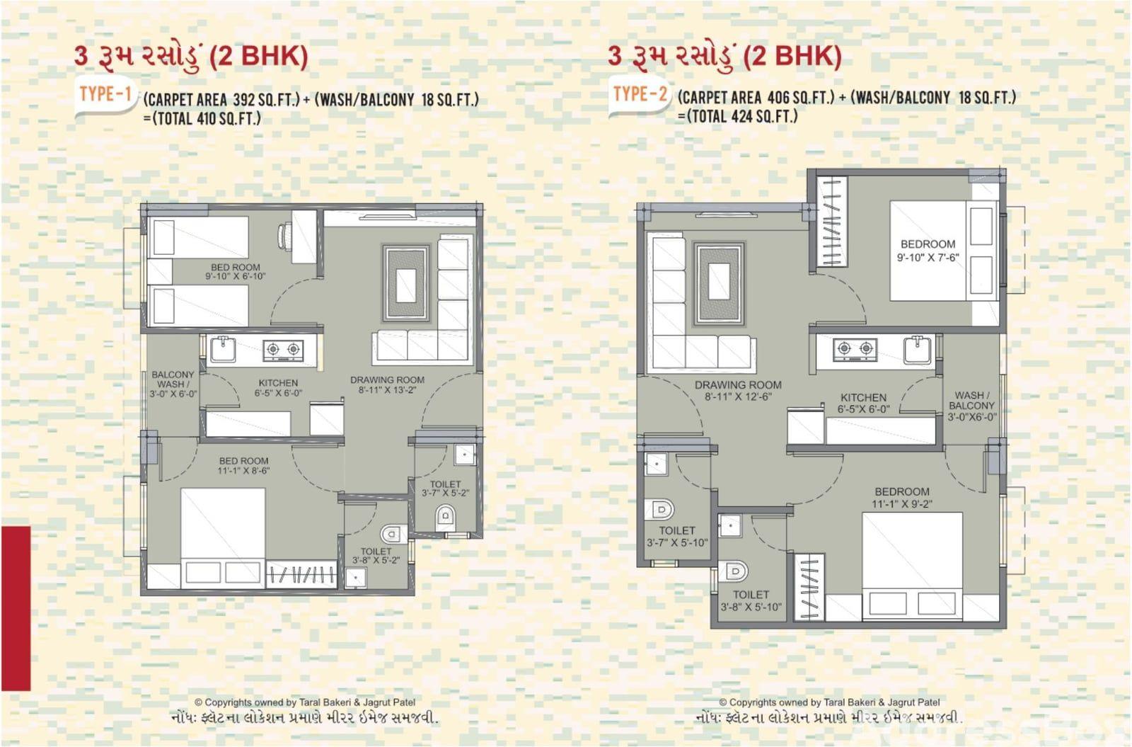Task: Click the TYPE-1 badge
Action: click(x=105, y=95)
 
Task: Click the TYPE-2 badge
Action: click(x=640, y=95)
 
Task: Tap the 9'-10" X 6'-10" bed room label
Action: click(x=236, y=272)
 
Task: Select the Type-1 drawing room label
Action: click(x=387, y=384)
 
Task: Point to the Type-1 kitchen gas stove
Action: click(x=283, y=350)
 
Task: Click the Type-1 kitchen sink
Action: click(x=223, y=350)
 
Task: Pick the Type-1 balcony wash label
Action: click(x=173, y=384)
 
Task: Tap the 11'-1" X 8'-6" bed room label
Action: click(x=243, y=465)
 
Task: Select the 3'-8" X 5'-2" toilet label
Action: click(x=376, y=555)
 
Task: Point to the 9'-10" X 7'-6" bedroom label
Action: click(x=928, y=251)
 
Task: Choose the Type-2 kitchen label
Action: click(x=864, y=403)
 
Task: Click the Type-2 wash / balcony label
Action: click(x=972, y=406)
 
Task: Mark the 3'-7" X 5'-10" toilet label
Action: click(x=677, y=537)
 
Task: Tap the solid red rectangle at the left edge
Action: click(x=16, y=608)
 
